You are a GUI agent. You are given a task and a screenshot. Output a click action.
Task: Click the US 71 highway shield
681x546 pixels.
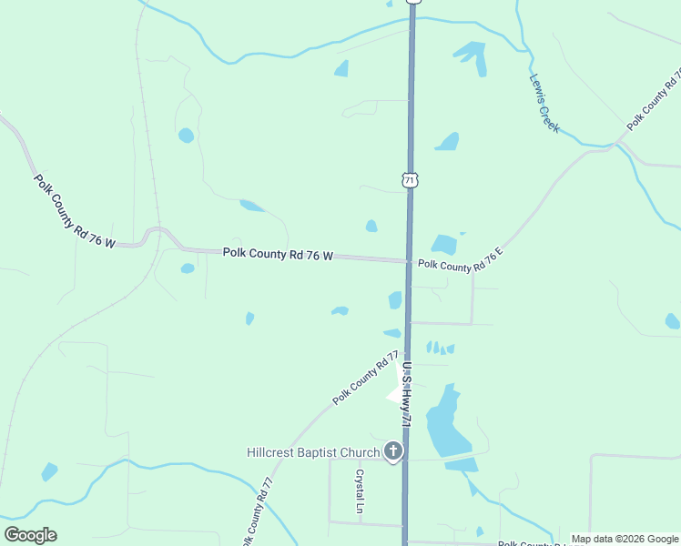point(411,179)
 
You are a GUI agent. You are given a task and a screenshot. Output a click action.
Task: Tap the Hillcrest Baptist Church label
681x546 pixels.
point(313,452)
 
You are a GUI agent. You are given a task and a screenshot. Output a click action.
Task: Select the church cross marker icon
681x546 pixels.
point(393,451)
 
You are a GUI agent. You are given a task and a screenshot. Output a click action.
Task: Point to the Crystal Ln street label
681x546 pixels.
point(360,491)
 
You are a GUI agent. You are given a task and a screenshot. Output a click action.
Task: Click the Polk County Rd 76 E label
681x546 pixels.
point(461,264)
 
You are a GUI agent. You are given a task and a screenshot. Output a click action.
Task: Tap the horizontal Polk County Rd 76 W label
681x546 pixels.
point(278,254)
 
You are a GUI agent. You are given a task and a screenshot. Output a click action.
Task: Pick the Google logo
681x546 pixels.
point(30,535)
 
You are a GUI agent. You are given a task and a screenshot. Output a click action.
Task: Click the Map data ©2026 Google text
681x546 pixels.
point(625,539)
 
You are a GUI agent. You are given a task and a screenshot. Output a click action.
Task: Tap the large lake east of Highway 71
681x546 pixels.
point(446,423)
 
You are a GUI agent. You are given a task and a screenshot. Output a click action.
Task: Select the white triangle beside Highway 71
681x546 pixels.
point(395,394)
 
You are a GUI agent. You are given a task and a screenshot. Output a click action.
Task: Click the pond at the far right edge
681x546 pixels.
point(672,320)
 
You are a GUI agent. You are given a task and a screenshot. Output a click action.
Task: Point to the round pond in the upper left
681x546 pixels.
point(186,136)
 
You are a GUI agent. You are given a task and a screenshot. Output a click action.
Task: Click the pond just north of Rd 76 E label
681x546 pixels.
point(444,244)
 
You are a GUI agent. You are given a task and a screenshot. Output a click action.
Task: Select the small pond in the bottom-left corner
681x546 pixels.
point(49,471)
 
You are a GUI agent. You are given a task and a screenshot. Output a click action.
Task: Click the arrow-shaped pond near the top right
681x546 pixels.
point(472,56)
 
